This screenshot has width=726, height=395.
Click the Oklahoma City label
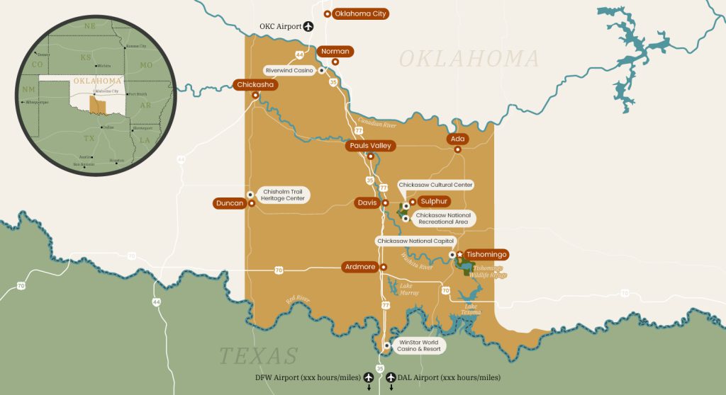tap(360, 13)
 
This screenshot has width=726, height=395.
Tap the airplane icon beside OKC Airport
tap(308, 27)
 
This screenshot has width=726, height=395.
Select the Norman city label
tap(336, 52)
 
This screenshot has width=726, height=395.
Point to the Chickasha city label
tap(255, 85)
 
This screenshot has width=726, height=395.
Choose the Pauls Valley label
tap(369, 146)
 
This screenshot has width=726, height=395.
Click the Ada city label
tap(457, 139)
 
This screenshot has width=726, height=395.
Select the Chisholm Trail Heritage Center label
tap(284, 195)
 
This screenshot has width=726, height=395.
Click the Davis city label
tap(367, 203)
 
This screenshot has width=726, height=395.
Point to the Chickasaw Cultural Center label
tap(435, 185)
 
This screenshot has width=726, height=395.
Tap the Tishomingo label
tap(486, 254)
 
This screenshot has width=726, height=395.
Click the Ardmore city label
tap(359, 267)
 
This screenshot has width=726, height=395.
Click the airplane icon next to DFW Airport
tap(368, 377)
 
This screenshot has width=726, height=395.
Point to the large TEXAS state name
tap(258, 355)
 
